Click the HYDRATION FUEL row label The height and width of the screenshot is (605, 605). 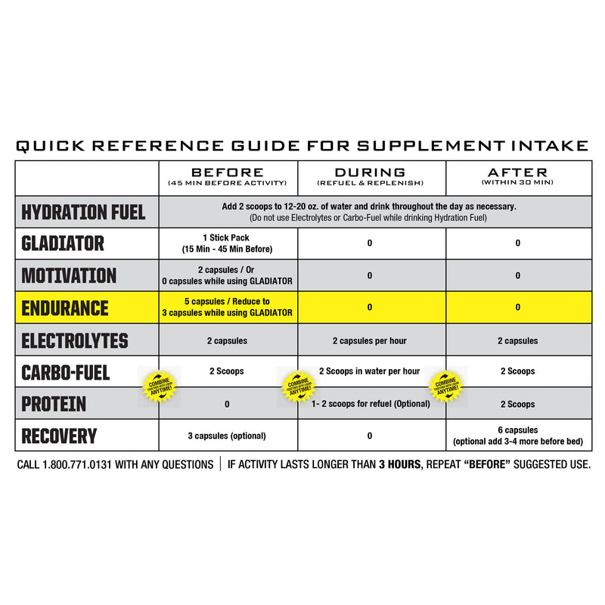click(x=84, y=213)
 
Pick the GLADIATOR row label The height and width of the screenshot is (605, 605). click(x=63, y=244)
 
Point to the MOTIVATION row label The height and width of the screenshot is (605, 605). click(x=69, y=275)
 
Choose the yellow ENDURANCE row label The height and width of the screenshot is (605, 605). click(x=65, y=308)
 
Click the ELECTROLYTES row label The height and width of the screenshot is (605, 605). click(x=75, y=340)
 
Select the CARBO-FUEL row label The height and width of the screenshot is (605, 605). click(x=66, y=372)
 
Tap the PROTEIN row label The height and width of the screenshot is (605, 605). click(x=54, y=404)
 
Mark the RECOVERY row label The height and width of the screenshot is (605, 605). click(x=59, y=436)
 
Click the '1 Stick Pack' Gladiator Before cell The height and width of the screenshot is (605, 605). click(x=227, y=244)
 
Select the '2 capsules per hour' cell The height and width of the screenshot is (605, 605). click(x=369, y=340)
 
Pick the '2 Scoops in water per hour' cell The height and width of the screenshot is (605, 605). click(x=369, y=371)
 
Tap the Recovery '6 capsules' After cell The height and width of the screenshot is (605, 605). click(x=517, y=436)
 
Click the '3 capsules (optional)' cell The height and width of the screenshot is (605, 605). click(x=227, y=436)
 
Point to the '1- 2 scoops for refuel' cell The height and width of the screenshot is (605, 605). click(x=371, y=404)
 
